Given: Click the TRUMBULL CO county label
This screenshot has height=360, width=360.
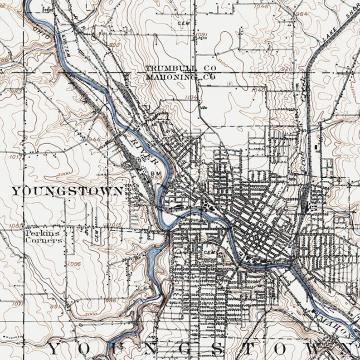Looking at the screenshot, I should [180, 68].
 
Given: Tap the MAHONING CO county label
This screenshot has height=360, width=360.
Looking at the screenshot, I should [180, 77].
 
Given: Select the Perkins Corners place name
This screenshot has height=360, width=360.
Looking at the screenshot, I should [43, 236].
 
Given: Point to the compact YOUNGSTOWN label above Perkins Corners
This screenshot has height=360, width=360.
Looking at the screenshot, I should [67, 191].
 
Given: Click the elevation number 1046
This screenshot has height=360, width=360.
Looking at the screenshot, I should [261, 6].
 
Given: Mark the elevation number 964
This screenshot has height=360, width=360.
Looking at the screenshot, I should [302, 14].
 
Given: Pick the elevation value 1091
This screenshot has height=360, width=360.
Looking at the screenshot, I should [201, 34].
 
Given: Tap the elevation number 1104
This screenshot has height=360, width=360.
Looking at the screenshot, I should [192, 97].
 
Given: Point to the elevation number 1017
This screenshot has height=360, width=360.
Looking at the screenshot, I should [15, 157].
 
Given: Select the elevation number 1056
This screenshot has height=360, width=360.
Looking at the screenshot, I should [73, 263].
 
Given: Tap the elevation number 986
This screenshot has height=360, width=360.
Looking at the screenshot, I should [110, 300].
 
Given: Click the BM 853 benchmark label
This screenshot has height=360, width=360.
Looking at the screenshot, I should [156, 175].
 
